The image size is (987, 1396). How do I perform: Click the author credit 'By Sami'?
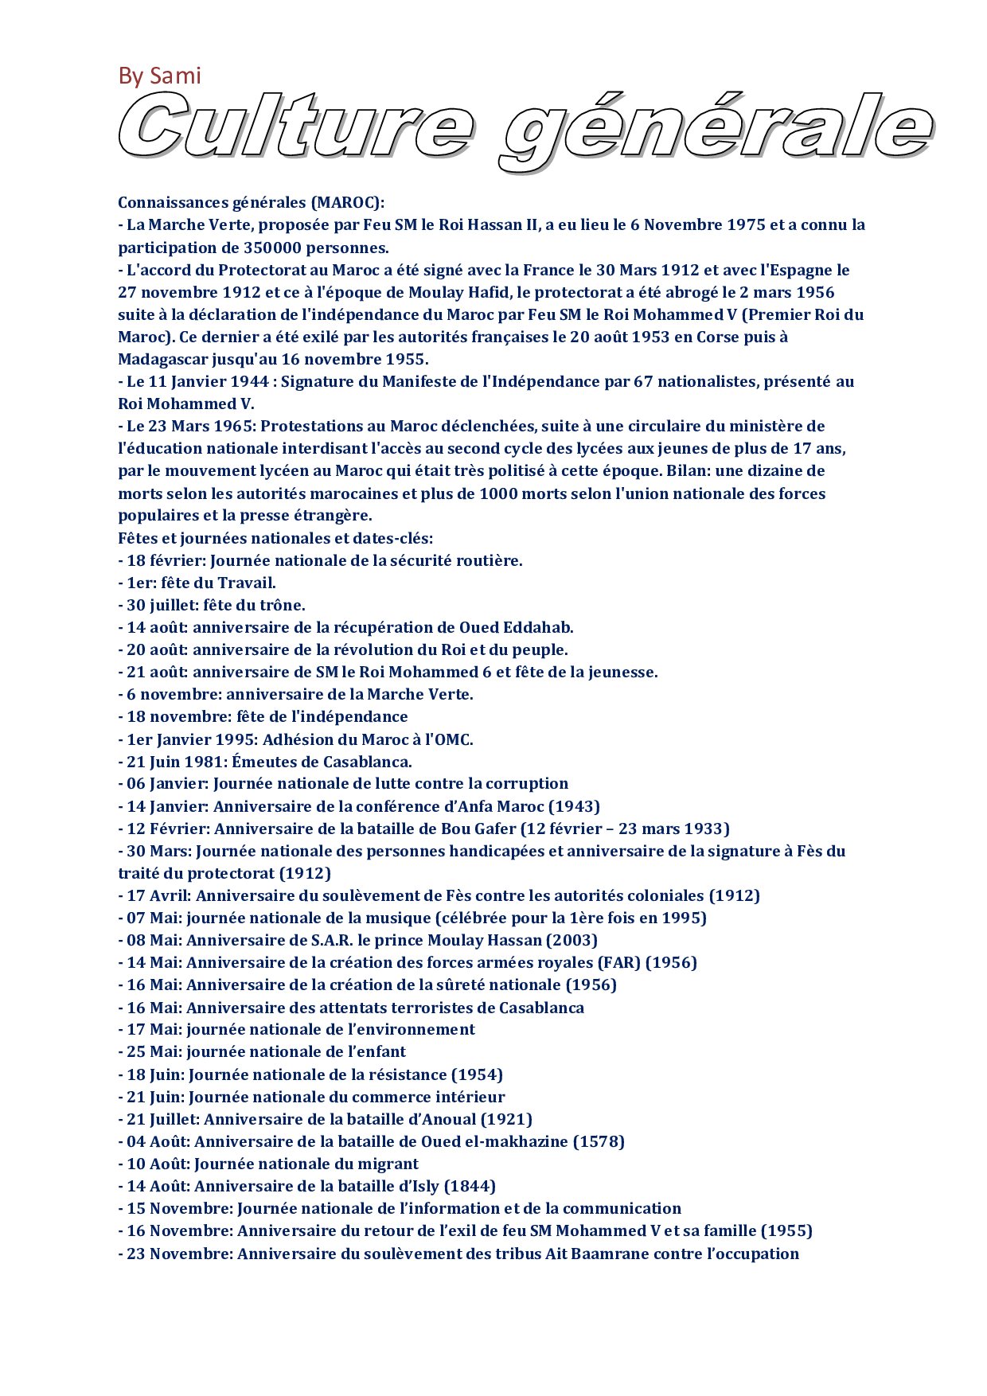click(159, 76)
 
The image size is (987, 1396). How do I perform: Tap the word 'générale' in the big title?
click(716, 131)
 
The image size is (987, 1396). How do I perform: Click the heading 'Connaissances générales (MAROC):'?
click(252, 203)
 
